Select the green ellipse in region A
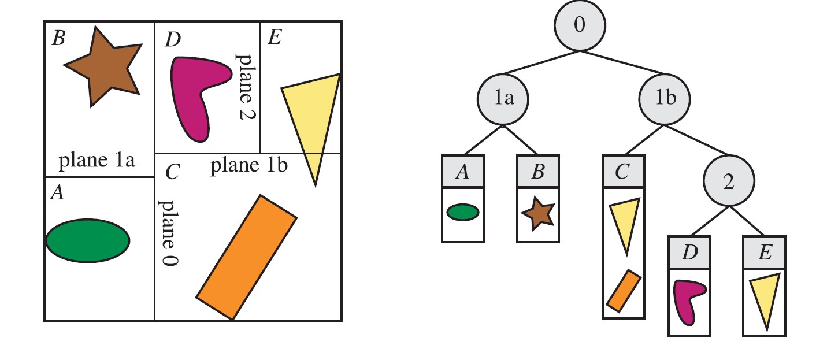[x=88, y=240]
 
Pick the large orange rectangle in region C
[x=247, y=257]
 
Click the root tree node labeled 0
[x=580, y=25]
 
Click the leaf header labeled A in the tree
[x=462, y=172]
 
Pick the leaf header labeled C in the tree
[x=623, y=172]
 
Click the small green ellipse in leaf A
[x=462, y=213]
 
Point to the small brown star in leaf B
[x=538, y=214]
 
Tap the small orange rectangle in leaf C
[x=623, y=289]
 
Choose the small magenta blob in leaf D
[x=689, y=300]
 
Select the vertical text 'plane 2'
[x=247, y=87]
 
